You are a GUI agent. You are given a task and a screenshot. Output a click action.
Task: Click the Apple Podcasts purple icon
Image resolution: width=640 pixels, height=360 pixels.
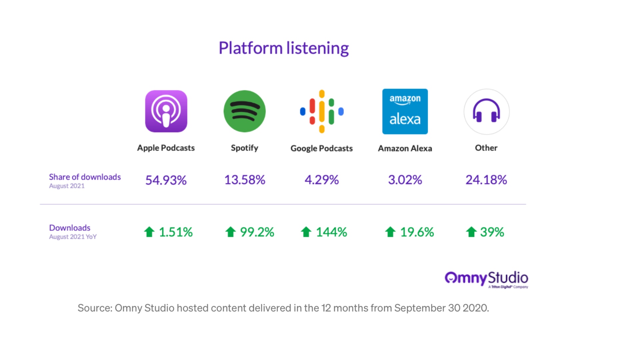(x=166, y=111)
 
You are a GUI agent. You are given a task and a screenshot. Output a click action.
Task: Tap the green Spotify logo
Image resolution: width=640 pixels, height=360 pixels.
(x=245, y=111)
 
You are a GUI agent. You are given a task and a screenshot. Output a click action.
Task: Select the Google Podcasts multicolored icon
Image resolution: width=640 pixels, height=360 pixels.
(x=322, y=111)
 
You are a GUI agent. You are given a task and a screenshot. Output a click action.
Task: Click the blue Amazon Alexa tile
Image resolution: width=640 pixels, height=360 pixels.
(x=405, y=111)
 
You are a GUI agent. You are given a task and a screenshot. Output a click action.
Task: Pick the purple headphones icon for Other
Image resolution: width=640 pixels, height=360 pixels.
(x=486, y=111)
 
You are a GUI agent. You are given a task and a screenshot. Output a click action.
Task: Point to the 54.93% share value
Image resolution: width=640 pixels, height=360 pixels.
(x=166, y=180)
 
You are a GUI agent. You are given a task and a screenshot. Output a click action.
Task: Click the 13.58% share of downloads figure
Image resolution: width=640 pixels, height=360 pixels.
(x=245, y=180)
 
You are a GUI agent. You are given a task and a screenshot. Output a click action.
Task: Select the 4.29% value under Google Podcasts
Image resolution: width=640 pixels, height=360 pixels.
(x=322, y=180)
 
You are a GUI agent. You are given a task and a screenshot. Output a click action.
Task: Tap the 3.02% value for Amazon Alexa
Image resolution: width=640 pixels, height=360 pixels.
(x=405, y=180)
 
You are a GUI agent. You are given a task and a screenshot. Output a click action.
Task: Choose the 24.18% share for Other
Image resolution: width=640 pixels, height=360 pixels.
(x=486, y=180)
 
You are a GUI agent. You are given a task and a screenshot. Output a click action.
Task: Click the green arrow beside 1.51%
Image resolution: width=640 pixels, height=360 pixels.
(x=149, y=232)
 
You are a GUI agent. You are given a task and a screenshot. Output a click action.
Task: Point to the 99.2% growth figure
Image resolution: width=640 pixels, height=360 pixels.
(x=257, y=232)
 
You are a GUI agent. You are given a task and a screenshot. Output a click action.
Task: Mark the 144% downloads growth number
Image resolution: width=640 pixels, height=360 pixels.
(x=331, y=232)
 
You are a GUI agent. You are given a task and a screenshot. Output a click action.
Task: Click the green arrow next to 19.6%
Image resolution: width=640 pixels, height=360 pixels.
(x=390, y=232)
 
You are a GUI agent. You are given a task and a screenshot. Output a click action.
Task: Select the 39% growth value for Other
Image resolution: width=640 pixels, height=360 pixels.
(x=492, y=232)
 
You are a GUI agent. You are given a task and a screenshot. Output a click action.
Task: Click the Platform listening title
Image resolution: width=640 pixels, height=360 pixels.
(x=284, y=48)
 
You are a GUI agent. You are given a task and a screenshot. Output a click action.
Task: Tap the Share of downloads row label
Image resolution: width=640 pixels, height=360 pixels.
(x=85, y=177)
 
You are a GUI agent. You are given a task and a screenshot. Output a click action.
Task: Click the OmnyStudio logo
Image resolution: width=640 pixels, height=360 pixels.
(x=486, y=279)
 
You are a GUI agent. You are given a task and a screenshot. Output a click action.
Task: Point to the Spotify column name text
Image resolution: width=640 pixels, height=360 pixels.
(x=245, y=148)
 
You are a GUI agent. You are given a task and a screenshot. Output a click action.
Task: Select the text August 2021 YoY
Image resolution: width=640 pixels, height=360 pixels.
(x=73, y=237)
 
